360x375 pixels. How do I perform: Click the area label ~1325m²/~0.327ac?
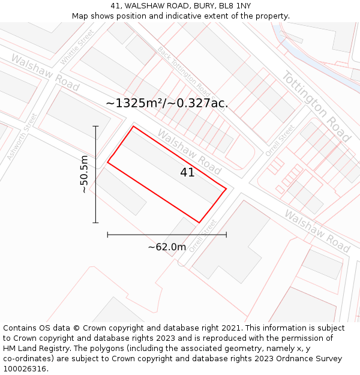(x=167, y=103)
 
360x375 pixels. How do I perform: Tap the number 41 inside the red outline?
(x=187, y=173)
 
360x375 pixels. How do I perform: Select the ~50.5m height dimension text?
(x=84, y=174)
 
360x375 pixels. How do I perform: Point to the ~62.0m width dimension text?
(x=167, y=247)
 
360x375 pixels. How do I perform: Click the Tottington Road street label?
(x=316, y=107)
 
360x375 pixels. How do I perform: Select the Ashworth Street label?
(x=22, y=136)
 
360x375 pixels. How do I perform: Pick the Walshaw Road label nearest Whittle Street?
(x=44, y=73)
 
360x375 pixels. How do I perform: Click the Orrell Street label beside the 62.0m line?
(x=203, y=236)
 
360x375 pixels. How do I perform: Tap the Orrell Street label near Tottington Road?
(x=280, y=140)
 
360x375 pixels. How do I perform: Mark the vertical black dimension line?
(x=95, y=174)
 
